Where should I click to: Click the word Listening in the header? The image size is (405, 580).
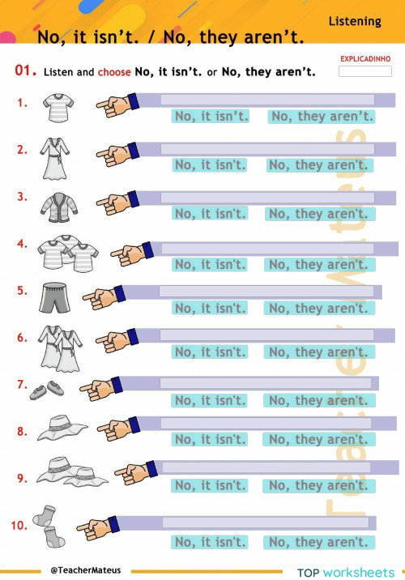tap(355, 21)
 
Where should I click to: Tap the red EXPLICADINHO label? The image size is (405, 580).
tap(365, 59)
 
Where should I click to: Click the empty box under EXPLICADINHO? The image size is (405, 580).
tap(365, 71)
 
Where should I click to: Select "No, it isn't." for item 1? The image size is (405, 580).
tap(211, 117)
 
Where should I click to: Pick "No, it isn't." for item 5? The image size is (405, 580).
tap(210, 309)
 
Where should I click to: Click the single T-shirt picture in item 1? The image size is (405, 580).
tap(59, 107)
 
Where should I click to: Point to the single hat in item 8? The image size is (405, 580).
tap(62, 427)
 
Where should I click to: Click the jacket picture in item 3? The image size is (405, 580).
tap(58, 205)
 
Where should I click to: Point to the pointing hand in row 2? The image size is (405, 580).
tap(115, 153)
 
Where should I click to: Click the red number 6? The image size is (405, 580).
tap(22, 338)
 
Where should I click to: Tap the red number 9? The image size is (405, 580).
tap(22, 478)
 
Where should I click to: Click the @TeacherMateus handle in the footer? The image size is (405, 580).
tap(85, 570)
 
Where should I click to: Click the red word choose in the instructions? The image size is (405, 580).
tap(114, 72)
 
